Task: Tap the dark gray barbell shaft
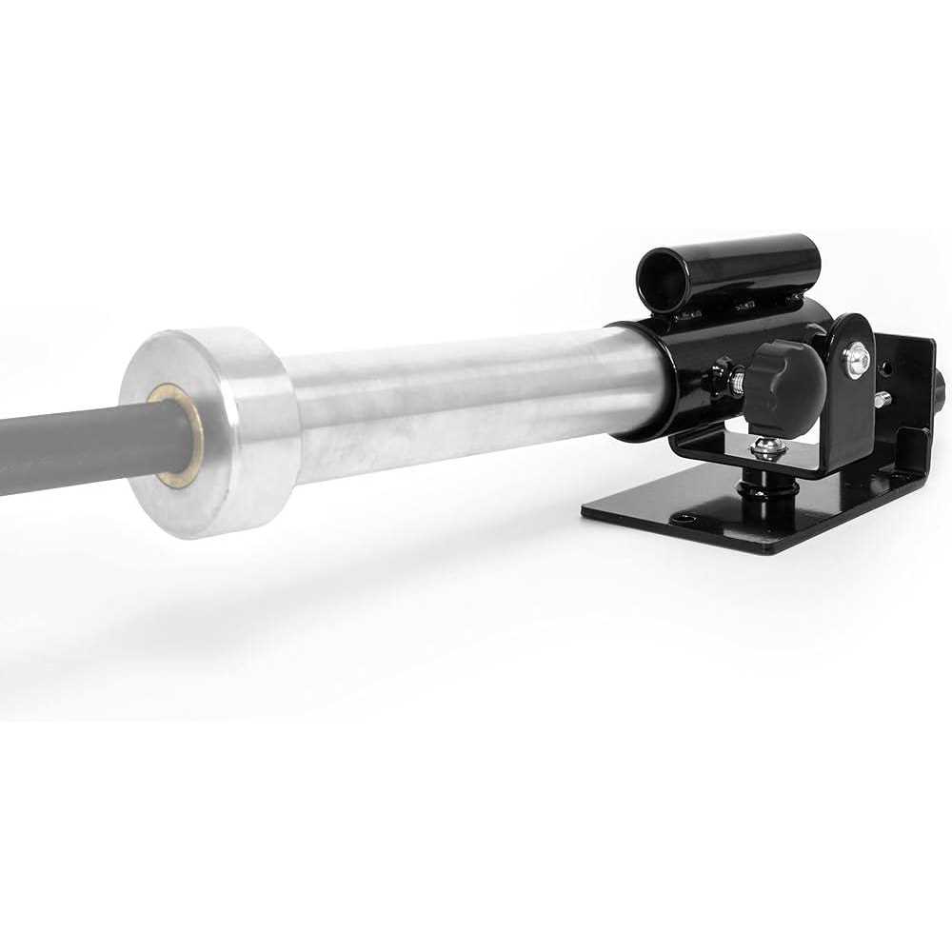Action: pyautogui.click(x=76, y=452)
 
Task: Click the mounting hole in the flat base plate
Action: pyautogui.click(x=684, y=519)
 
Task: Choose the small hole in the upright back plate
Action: pyautogui.click(x=888, y=366)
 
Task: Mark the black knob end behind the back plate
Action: pyautogui.click(x=940, y=386)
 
